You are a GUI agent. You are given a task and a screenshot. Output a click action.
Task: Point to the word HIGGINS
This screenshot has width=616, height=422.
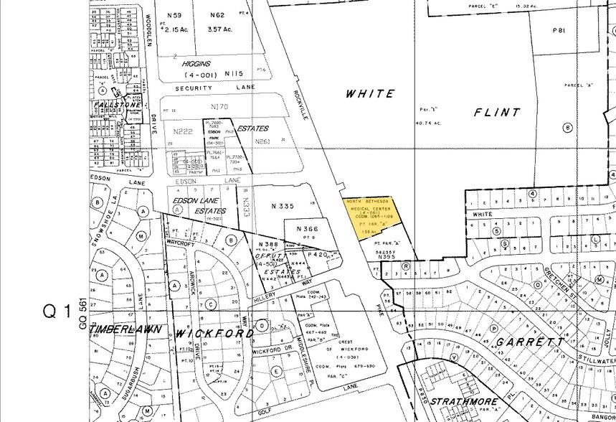coord(196,63)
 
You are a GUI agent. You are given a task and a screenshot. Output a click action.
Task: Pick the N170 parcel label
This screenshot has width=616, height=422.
coord(219,107)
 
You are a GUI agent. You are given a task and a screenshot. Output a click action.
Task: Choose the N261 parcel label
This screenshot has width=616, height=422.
coord(262,141)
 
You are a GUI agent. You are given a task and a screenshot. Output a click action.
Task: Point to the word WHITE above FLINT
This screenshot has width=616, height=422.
coord(370,93)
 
